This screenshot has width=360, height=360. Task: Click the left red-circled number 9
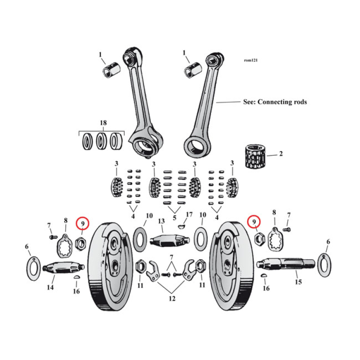[83, 222]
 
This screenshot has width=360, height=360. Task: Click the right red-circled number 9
[254, 222]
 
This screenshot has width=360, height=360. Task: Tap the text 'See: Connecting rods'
[274, 102]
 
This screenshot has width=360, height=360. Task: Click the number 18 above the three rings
[103, 123]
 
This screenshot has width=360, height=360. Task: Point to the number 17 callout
[189, 215]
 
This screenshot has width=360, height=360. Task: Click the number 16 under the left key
[76, 291]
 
